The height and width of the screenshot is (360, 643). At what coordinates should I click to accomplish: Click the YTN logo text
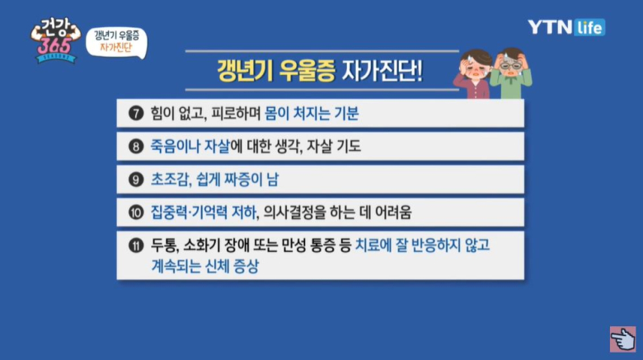point(550,27)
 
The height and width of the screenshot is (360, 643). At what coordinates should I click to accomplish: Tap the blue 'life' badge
point(589,27)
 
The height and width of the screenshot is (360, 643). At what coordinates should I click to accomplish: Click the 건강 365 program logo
point(55,40)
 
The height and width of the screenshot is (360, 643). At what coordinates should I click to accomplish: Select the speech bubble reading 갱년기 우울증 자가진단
point(116,43)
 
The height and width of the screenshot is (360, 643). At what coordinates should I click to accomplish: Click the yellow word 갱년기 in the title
point(245,71)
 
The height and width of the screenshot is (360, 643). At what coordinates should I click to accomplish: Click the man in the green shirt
point(511,73)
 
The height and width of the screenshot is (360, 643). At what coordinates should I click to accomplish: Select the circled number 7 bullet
point(136,113)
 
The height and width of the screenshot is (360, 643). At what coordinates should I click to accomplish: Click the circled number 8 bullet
point(136,147)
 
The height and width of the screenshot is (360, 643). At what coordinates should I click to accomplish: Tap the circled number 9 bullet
point(136,180)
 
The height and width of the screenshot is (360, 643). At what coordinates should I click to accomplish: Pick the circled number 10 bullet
point(136,212)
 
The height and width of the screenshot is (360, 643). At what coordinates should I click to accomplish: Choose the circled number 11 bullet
point(136,245)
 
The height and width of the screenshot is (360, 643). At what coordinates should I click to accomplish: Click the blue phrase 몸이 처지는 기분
point(312,113)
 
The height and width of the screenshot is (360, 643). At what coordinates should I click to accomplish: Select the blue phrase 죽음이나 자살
point(190,147)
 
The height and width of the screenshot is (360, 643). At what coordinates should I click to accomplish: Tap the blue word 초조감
point(169,180)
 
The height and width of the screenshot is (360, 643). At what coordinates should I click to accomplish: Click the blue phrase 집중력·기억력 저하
point(204,213)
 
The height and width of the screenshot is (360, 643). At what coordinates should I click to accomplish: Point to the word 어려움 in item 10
point(393,213)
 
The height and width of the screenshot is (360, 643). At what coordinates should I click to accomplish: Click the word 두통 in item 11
point(164,245)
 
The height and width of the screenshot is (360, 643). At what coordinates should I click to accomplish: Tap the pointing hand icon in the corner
point(622,339)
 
